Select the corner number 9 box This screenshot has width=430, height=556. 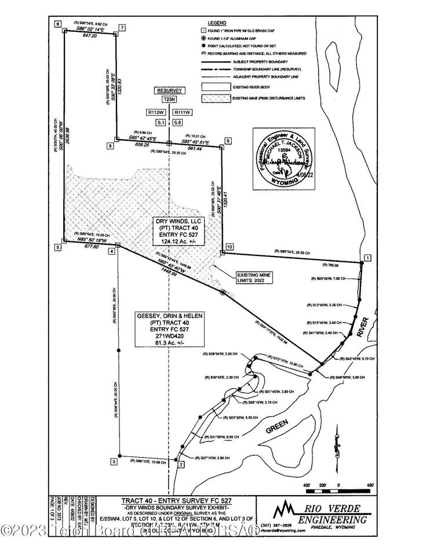tap(228, 140)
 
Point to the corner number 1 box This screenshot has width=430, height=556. tap(367, 257)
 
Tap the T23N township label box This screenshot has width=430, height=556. tap(169, 99)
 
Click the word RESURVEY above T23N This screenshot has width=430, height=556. tap(169, 90)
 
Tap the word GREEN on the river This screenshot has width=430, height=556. tap(277, 427)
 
